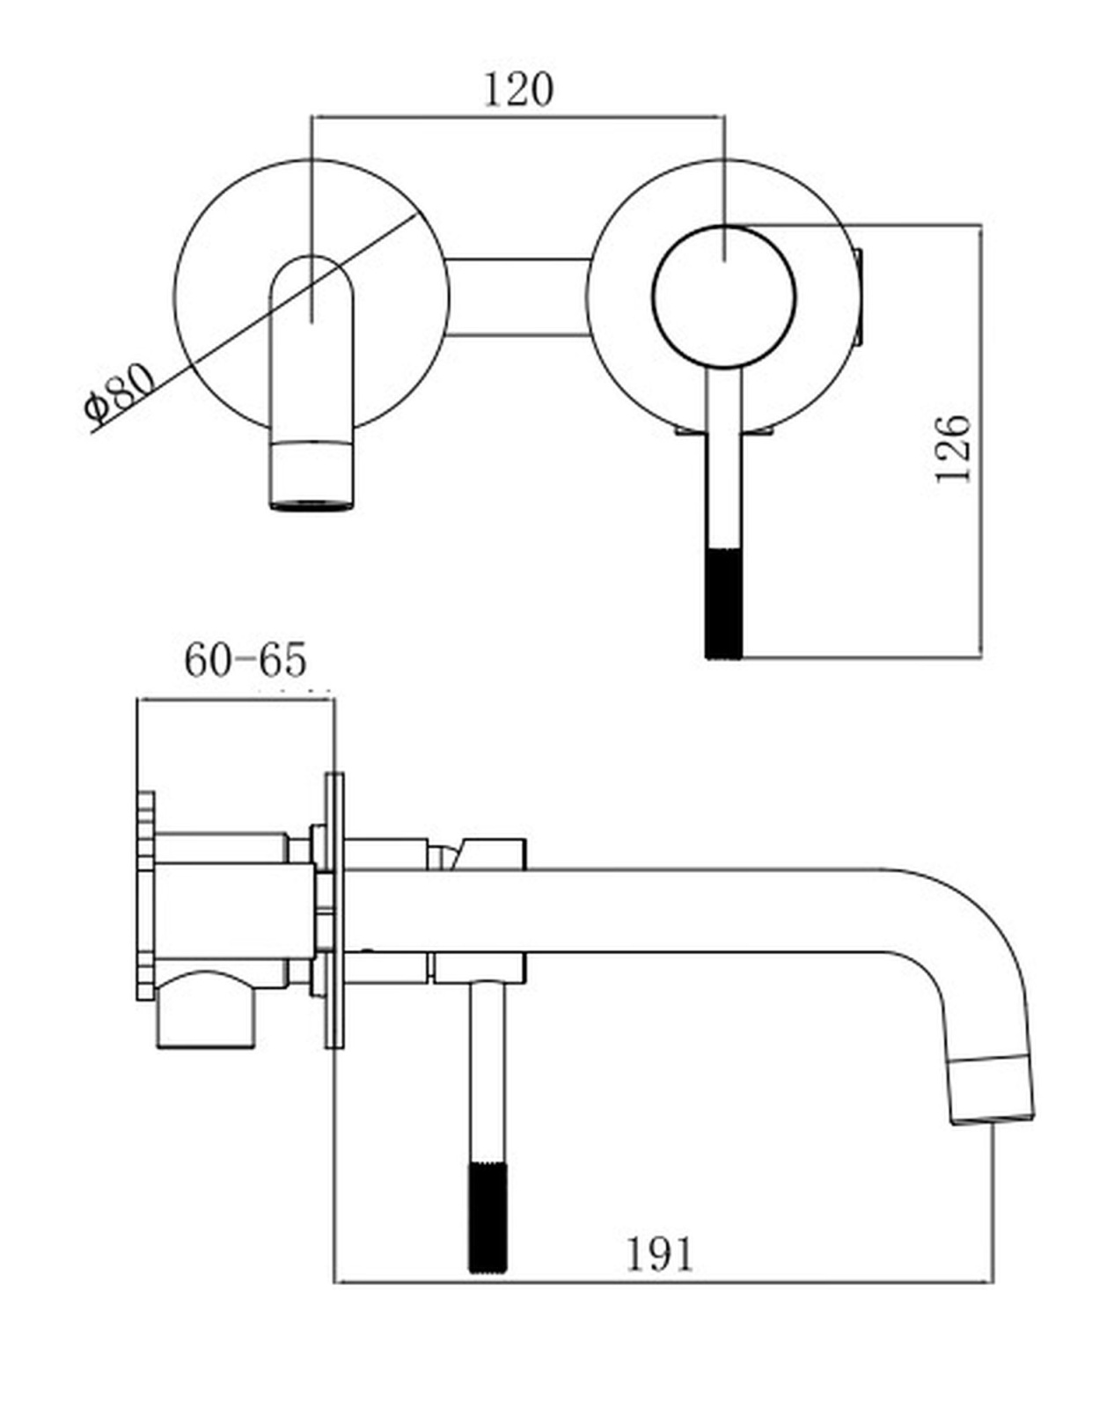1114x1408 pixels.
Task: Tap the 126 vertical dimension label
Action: pos(952,449)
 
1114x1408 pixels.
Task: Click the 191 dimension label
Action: pos(659,1255)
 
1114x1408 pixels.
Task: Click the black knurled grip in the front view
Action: pos(723,604)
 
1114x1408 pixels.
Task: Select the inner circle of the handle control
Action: pos(723,297)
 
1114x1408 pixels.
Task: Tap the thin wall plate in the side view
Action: pos(334,910)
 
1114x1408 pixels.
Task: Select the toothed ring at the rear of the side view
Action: pos(146,896)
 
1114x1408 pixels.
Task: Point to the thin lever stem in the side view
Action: pos(488,1073)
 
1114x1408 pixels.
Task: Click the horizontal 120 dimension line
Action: pos(518,118)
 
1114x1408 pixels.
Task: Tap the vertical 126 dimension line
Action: pos(981,440)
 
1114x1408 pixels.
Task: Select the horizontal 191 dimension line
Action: pos(664,1281)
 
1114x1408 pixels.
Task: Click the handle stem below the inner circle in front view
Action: pos(723,459)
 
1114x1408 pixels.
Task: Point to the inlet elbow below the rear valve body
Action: pos(206,1011)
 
